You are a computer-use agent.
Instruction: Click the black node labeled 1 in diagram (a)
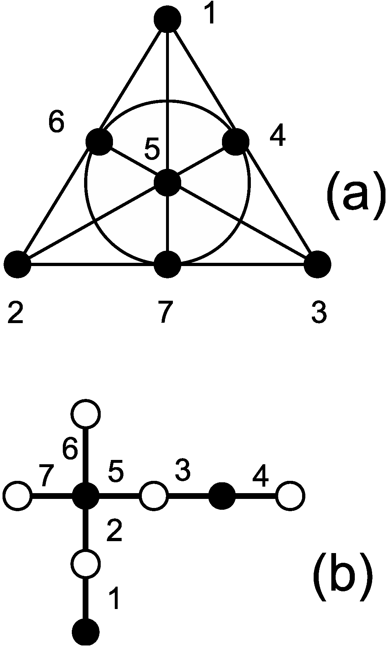167,19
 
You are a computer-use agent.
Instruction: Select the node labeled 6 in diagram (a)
99,141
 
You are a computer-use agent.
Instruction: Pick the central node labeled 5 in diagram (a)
167,182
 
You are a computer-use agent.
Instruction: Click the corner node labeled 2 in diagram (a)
17,265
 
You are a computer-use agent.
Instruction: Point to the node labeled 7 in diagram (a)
167,265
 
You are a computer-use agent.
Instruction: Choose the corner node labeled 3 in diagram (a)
318,265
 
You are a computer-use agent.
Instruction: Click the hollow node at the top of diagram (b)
86,414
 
